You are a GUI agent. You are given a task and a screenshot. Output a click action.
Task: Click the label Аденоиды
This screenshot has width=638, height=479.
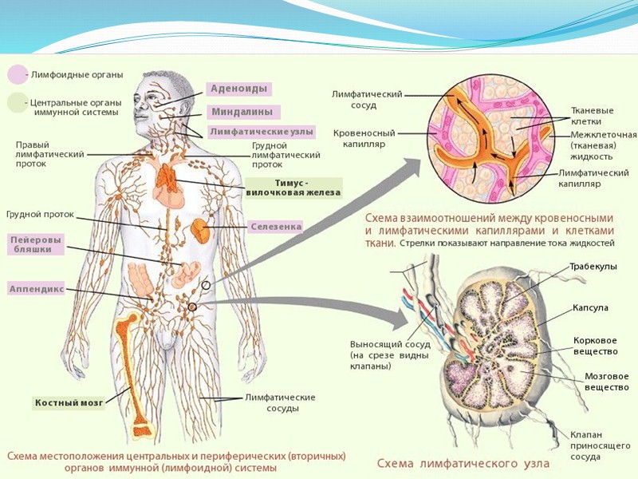(x=238, y=89)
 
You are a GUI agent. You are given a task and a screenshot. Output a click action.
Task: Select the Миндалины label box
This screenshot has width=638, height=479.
(x=242, y=112)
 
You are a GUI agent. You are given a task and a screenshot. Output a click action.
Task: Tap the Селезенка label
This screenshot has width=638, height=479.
(x=276, y=227)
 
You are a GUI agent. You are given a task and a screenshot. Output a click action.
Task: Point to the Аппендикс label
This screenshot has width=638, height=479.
(x=37, y=287)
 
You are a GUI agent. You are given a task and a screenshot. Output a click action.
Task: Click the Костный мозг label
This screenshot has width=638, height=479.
(x=69, y=403)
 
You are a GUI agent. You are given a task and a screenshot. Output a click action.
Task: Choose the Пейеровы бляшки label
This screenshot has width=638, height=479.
(x=35, y=244)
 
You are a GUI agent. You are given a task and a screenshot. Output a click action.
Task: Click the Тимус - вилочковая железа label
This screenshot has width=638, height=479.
(x=292, y=187)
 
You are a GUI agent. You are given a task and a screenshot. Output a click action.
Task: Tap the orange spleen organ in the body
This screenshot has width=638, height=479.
(x=199, y=231)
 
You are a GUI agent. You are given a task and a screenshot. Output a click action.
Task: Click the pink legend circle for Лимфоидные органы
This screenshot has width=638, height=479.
(x=17, y=75)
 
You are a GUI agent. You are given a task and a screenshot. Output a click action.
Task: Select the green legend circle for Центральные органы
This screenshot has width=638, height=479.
(x=17, y=103)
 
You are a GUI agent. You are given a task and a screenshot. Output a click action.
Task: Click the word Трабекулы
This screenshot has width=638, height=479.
(x=593, y=267)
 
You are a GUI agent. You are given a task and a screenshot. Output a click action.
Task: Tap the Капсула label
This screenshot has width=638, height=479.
(x=590, y=307)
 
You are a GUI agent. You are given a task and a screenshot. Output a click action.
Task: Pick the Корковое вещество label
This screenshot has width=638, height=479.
(x=595, y=346)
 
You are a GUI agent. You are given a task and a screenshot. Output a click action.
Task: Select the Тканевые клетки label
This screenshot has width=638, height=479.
(x=592, y=116)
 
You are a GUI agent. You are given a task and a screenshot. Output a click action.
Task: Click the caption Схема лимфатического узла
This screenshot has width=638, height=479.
(x=463, y=463)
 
